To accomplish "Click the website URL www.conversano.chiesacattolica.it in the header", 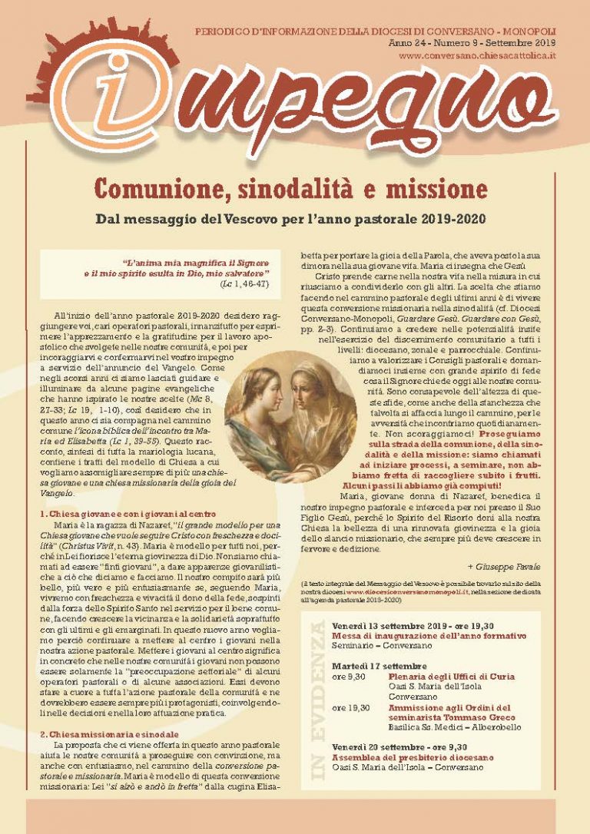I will [x=478, y=57].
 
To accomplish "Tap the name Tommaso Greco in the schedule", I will [x=485, y=717].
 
